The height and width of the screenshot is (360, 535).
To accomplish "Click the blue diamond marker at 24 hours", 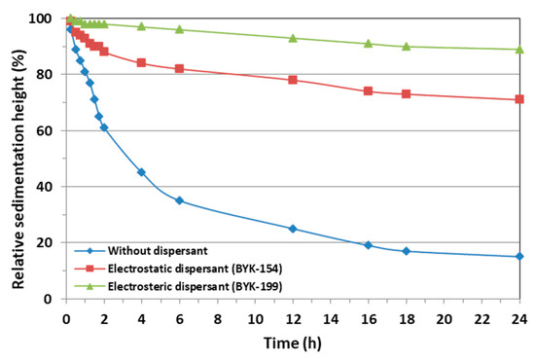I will pyautogui.click(x=519, y=257).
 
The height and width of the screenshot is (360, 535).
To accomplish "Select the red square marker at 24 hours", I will pyautogui.click(x=519, y=99).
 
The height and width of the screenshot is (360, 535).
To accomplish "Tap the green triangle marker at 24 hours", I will pyautogui.click(x=519, y=49).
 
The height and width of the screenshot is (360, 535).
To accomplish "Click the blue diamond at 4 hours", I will pyautogui.click(x=141, y=172).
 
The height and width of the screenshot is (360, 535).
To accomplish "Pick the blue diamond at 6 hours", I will pyautogui.click(x=179, y=200).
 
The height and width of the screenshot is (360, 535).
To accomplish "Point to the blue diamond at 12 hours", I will pyautogui.click(x=293, y=229).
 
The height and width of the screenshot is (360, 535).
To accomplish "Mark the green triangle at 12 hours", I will pyautogui.click(x=293, y=38).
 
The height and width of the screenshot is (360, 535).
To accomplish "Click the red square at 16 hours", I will pyautogui.click(x=368, y=91).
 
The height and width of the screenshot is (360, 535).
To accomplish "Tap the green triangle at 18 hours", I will pyautogui.click(x=406, y=46).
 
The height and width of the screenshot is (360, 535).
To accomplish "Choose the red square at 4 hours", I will pyautogui.click(x=141, y=62).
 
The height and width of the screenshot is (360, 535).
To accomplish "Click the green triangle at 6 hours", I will pyautogui.click(x=179, y=29).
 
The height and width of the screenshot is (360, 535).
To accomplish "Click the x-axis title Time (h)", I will pyautogui.click(x=292, y=342).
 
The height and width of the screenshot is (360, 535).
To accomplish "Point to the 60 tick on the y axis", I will pyautogui.click(x=48, y=130).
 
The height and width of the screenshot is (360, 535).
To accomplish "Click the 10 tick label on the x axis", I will pyautogui.click(x=255, y=317).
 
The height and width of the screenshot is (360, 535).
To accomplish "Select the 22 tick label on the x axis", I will pyautogui.click(x=481, y=317).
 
